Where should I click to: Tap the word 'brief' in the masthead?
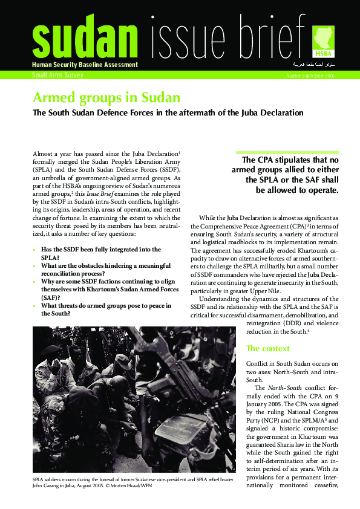[x=272, y=36]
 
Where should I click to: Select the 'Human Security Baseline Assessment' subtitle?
[x=85, y=65]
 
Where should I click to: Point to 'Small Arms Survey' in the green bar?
[x=58, y=76]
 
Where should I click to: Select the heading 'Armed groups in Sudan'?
[x=106, y=97]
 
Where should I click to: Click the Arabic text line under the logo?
[x=314, y=64]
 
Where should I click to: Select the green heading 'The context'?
[x=268, y=349]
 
